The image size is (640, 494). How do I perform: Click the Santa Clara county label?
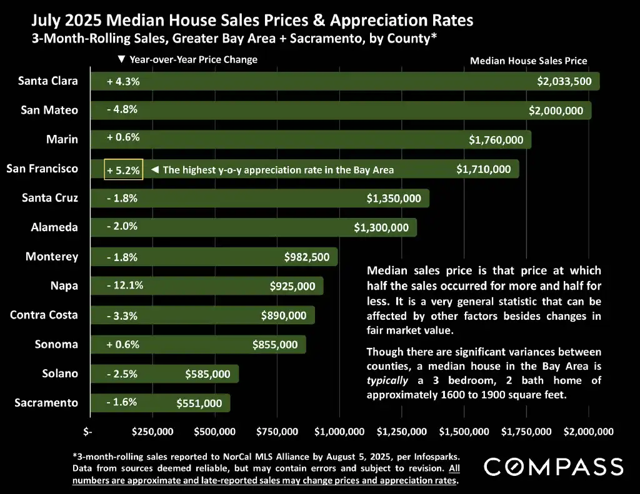point(48,81)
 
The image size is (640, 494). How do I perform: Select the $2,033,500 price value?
point(564,81)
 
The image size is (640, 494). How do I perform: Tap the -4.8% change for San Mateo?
point(122,109)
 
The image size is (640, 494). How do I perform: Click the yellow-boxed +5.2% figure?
point(124,169)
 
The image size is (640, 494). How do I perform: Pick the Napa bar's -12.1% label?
point(124,285)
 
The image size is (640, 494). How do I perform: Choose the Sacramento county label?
point(46,402)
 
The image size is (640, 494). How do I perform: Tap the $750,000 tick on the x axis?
point(277,432)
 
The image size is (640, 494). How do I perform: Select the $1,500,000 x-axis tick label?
point(464,432)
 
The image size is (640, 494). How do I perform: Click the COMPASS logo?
point(554,467)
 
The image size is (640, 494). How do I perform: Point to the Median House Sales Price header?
point(528,61)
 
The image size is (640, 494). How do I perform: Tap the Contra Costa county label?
point(44,314)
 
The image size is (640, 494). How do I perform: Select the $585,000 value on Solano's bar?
point(207,374)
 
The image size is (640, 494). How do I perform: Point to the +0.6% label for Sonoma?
point(122,344)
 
